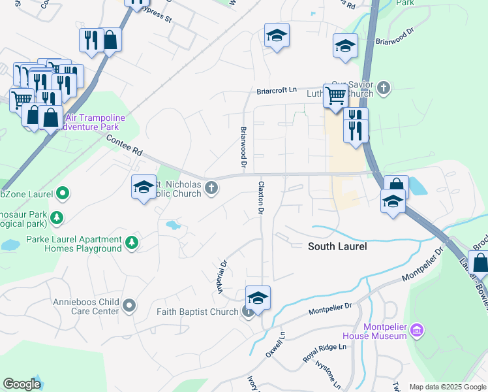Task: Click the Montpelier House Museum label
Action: pyautogui.click(x=380, y=331)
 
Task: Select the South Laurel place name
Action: pyautogui.click(x=337, y=246)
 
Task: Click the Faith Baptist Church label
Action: pyautogui.click(x=198, y=312)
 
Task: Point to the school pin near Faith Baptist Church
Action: pyautogui.click(x=258, y=299)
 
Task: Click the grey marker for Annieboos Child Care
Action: pyautogui.click(x=129, y=305)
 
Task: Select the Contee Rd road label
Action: pyautogui.click(x=124, y=144)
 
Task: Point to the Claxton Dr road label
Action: pyautogui.click(x=260, y=198)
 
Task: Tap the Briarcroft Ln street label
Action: pyautogui.click(x=276, y=90)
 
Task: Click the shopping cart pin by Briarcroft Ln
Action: pyautogui.click(x=335, y=95)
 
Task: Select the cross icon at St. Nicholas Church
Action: pyautogui.click(x=211, y=189)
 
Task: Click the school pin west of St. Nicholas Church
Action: pyautogui.click(x=144, y=188)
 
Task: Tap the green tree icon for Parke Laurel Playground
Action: pyautogui.click(x=132, y=243)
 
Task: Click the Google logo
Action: pyautogui.click(x=22, y=384)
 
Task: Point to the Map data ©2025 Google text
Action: pyautogui.click(x=447, y=387)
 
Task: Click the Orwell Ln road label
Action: pyautogui.click(x=276, y=342)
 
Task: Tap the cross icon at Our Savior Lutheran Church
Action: pyautogui.click(x=384, y=87)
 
